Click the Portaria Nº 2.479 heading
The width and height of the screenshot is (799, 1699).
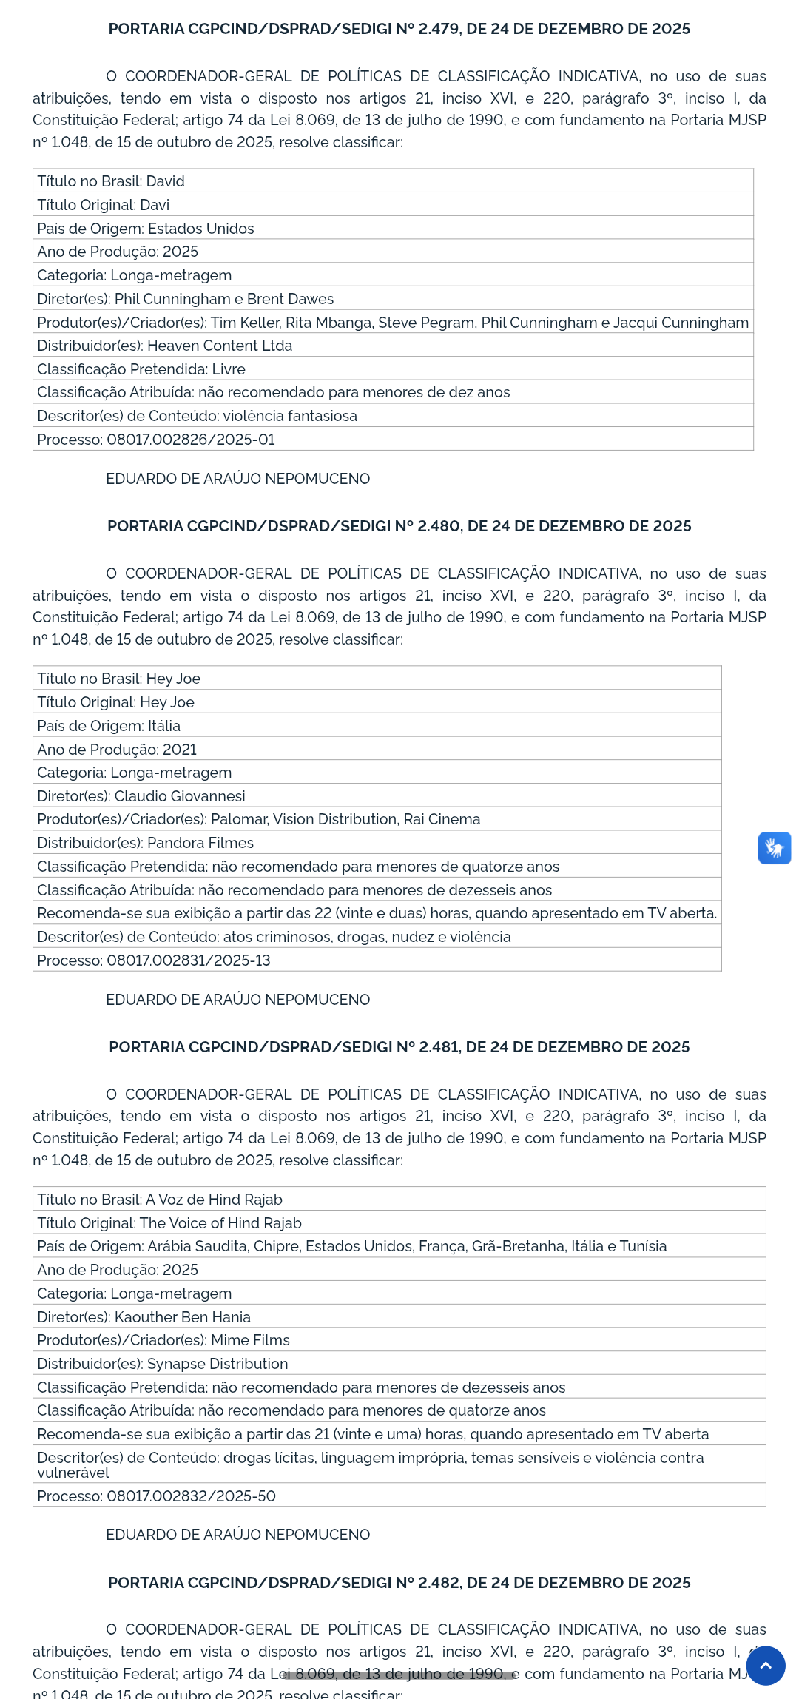(399, 29)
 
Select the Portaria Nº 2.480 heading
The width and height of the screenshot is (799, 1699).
(399, 526)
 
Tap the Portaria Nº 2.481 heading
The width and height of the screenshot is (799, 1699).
(399, 1047)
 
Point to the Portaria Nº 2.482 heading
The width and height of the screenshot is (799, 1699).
(399, 1583)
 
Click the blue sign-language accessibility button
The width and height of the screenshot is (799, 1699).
(774, 848)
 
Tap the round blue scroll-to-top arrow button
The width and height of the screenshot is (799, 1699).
(766, 1666)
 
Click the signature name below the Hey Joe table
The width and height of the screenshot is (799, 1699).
(237, 1000)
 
